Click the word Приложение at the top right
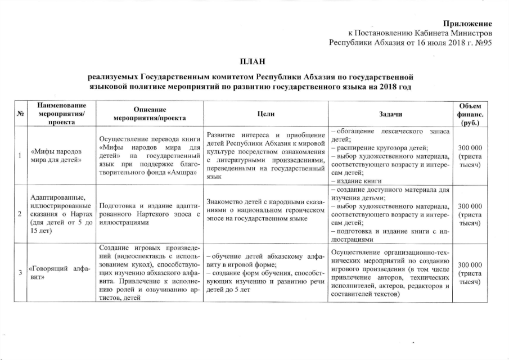pos(468,24)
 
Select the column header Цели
pos(265,114)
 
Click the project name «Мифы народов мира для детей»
pos(57,156)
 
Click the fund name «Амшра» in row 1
pos(182,172)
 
